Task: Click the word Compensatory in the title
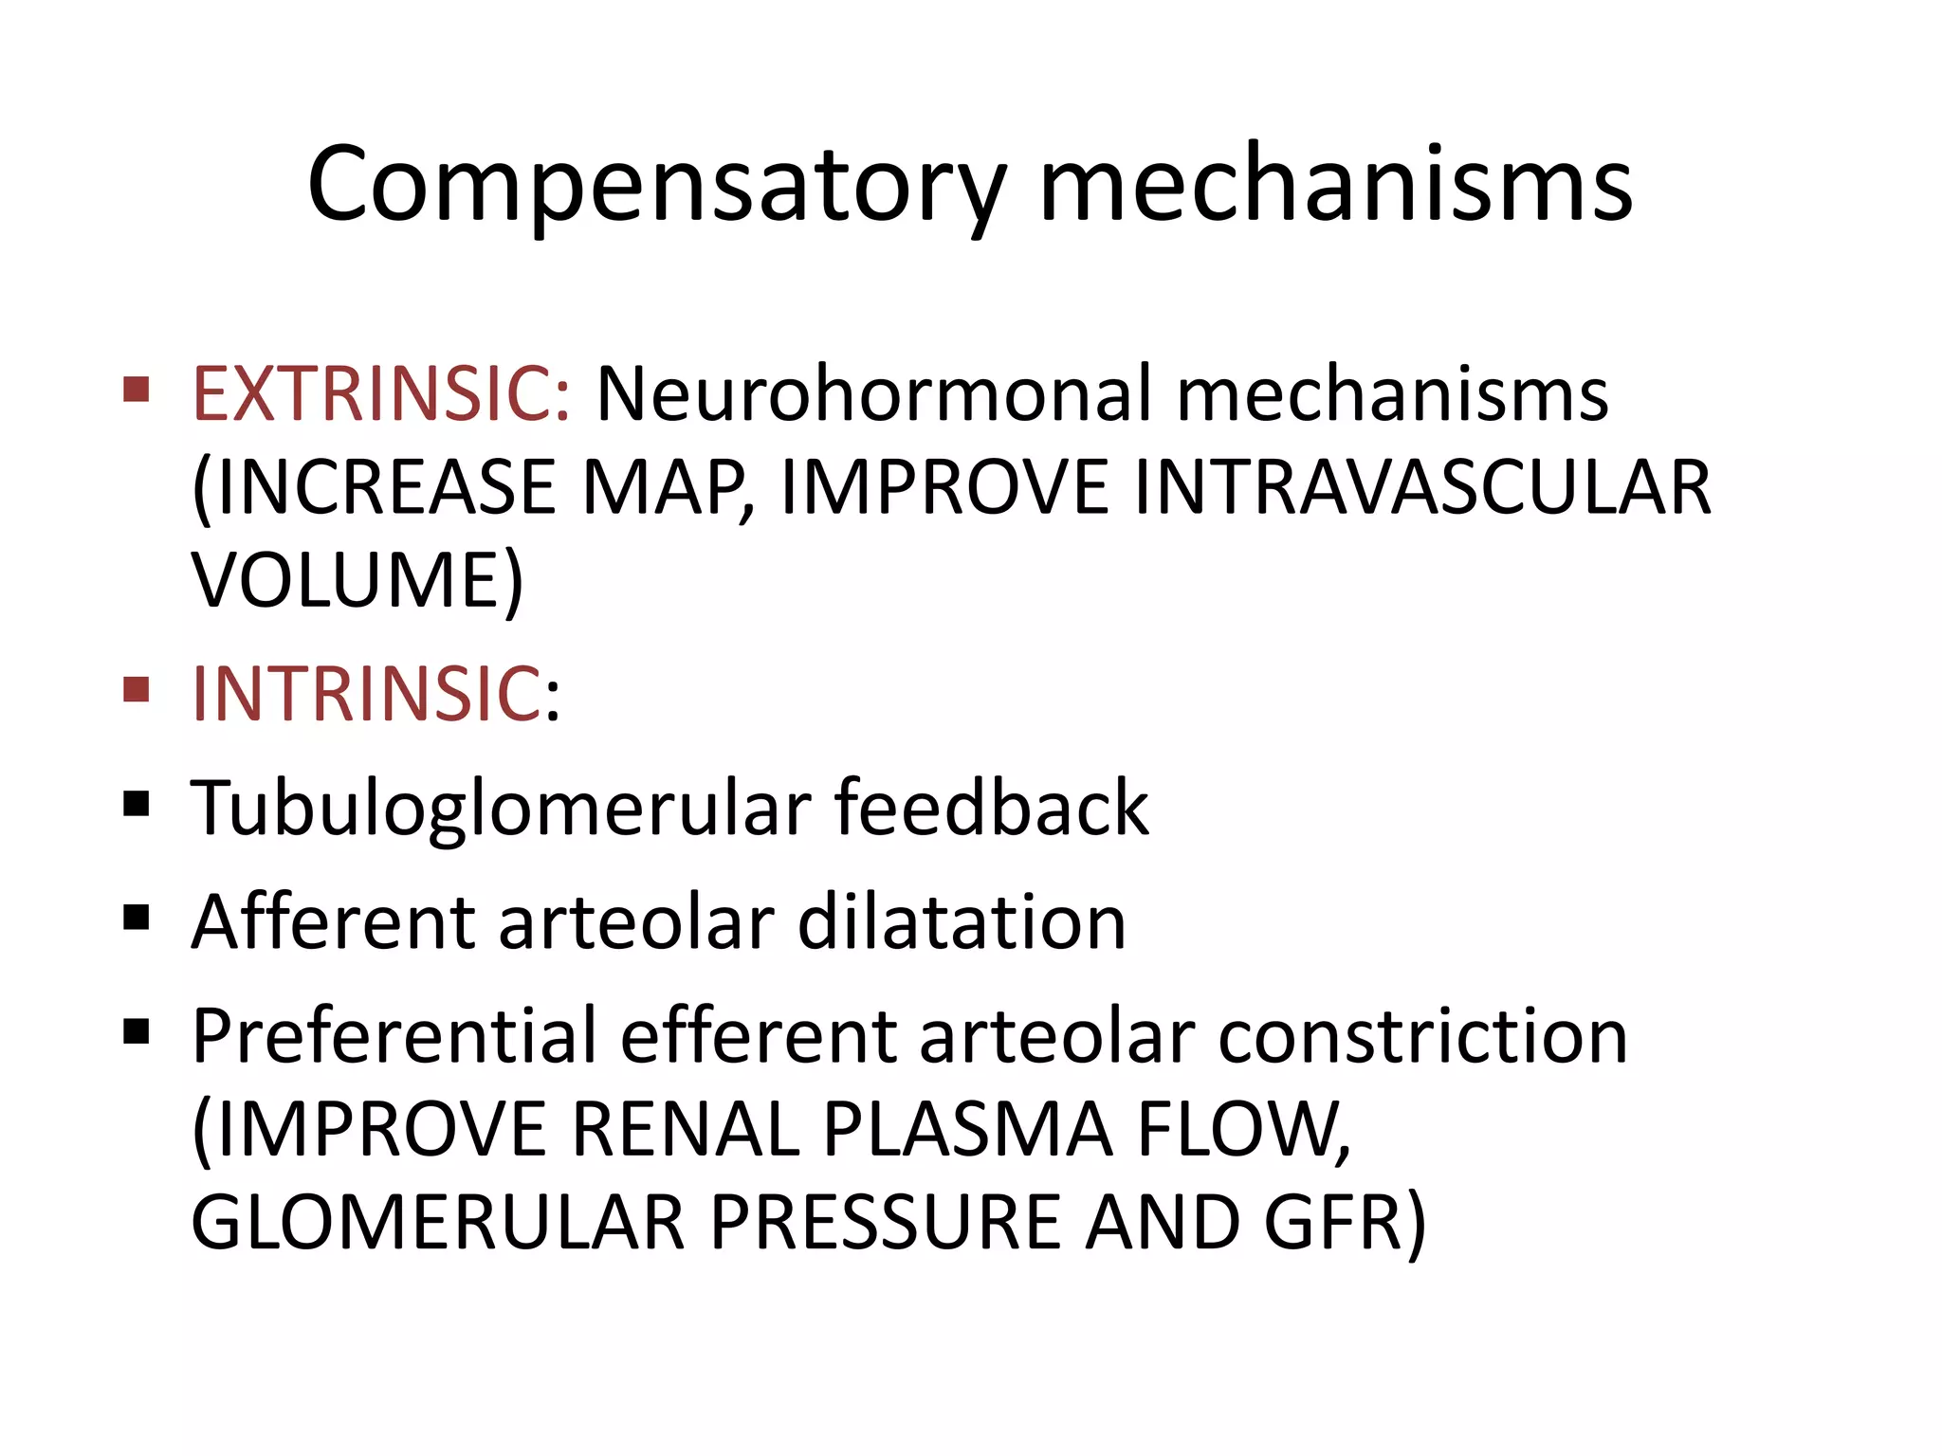[655, 185]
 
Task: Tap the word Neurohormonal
[872, 393]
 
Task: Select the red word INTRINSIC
[366, 694]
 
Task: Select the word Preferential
[394, 1035]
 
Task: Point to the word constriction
[1422, 1035]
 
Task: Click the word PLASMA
[967, 1129]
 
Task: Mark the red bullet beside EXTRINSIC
[137, 390]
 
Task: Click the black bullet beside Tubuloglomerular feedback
[137, 804]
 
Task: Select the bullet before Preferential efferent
[137, 1030]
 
